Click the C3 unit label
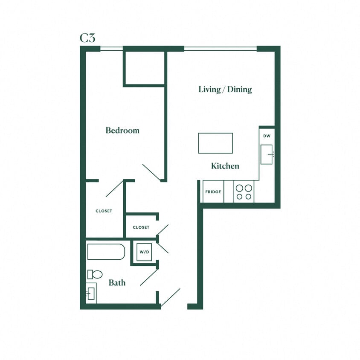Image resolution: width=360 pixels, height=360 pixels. pos(87,38)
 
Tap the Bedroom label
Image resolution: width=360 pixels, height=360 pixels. pos(122,131)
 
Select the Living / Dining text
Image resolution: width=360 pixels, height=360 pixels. pos(225,89)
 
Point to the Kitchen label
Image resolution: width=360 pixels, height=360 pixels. pos(225,166)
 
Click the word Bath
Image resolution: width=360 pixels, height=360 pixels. pos(117,282)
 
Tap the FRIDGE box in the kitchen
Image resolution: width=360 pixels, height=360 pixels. pos(213,192)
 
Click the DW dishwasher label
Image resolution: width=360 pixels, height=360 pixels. pos(267,136)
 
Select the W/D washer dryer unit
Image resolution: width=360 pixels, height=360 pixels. pos(144,252)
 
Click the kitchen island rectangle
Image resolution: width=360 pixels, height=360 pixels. pos(215,143)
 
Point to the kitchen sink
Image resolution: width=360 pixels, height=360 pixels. pos(267,154)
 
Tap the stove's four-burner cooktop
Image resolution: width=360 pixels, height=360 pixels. pos(244,192)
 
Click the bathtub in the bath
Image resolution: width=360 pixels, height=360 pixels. pos(106,252)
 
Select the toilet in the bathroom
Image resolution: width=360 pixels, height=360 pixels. pos(95,274)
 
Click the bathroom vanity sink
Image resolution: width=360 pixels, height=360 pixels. pos(91,293)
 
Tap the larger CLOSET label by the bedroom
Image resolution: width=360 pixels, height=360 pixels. pos(104,211)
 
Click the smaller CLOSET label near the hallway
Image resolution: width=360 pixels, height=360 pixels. pos(141,227)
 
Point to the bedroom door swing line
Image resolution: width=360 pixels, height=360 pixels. pos(151,172)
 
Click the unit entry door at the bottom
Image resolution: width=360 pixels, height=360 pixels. pos(171,297)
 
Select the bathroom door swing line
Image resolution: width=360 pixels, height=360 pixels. pos(149,277)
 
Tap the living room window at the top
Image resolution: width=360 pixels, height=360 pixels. pos(221,49)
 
